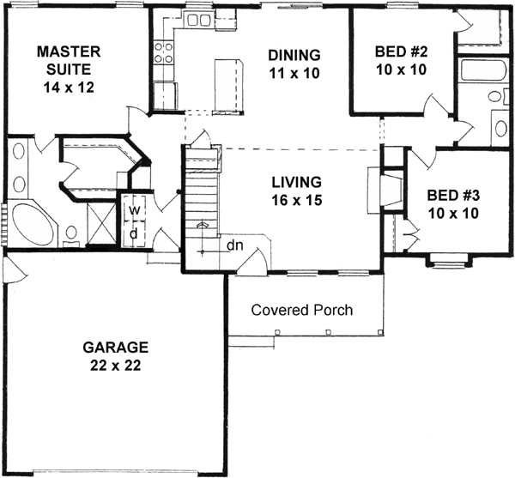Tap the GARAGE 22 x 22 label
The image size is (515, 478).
[x=116, y=355]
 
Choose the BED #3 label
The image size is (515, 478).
[x=452, y=203]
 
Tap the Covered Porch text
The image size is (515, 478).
[x=301, y=310]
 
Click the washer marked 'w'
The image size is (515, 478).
[x=134, y=209]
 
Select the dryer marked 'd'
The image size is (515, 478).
[x=134, y=233]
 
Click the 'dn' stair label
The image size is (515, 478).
[x=234, y=246]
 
